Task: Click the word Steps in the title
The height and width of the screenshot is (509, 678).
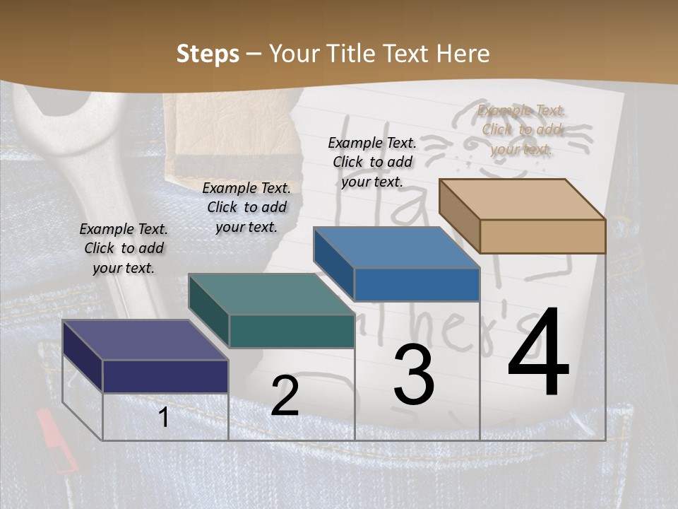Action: tap(207, 54)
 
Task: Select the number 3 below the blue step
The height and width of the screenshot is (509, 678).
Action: tap(413, 375)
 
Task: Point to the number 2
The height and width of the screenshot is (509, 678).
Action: tap(285, 396)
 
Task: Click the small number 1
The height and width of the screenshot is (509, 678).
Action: tap(164, 418)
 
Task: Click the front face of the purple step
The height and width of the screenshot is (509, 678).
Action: tap(165, 375)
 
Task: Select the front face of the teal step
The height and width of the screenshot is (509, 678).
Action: tap(292, 331)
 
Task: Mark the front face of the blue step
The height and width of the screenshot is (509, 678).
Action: tap(417, 284)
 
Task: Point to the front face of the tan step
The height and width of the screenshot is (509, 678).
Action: tap(542, 236)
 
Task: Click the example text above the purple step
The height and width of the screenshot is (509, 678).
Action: tap(124, 248)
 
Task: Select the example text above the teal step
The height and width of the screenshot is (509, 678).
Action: tap(246, 207)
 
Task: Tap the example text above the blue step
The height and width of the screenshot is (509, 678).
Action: tap(372, 162)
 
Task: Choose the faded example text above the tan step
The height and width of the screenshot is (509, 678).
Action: tap(522, 129)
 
